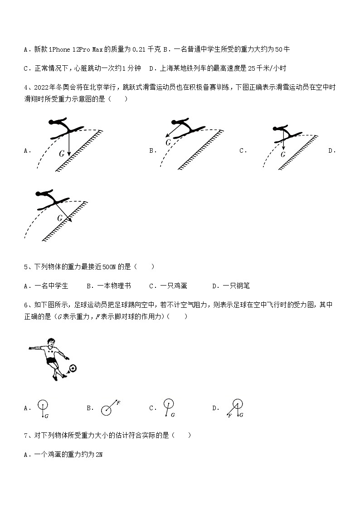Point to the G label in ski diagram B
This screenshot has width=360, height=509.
click(168, 142)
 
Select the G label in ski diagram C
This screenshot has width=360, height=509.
click(283, 154)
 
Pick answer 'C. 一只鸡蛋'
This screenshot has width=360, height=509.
click(168, 286)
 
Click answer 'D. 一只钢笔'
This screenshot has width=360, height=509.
click(231, 286)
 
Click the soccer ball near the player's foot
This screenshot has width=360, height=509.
click(73, 368)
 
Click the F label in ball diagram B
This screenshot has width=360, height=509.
click(118, 402)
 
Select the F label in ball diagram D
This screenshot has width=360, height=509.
click(230, 415)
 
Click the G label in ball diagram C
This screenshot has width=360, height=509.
click(173, 415)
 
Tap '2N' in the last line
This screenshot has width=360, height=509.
click(99, 455)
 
